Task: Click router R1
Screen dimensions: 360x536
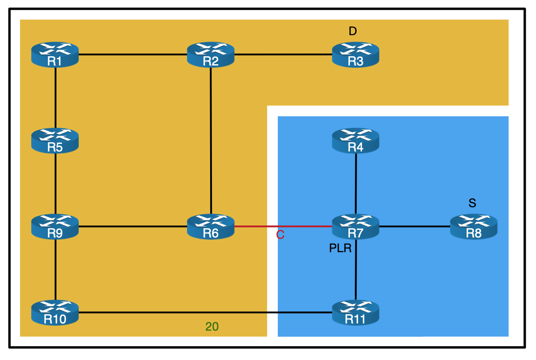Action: coord(55,55)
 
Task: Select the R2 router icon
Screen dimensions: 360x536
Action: coord(211,55)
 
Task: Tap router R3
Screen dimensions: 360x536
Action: coord(355,55)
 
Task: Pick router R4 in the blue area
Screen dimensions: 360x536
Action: coord(355,141)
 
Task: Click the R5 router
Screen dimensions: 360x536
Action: coord(55,141)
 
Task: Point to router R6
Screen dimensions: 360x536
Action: coord(211,227)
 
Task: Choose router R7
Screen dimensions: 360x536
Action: coord(355,227)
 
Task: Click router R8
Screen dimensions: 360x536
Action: coord(473,227)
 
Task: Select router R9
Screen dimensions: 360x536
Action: coord(55,227)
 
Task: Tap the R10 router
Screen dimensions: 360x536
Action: coord(55,312)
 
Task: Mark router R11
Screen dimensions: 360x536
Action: coord(355,312)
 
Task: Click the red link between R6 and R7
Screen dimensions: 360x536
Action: coord(283,226)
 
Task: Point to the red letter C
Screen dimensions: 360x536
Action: coord(280,235)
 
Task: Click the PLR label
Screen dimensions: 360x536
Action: coord(341,249)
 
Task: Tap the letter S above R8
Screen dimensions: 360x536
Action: coord(472,204)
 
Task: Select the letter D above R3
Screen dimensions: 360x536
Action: coord(353,31)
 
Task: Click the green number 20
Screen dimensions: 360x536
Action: coord(212,327)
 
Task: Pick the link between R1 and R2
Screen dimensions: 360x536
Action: coord(133,55)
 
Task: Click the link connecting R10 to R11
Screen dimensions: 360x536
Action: coord(205,312)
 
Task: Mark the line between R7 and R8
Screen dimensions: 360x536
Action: coord(414,227)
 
